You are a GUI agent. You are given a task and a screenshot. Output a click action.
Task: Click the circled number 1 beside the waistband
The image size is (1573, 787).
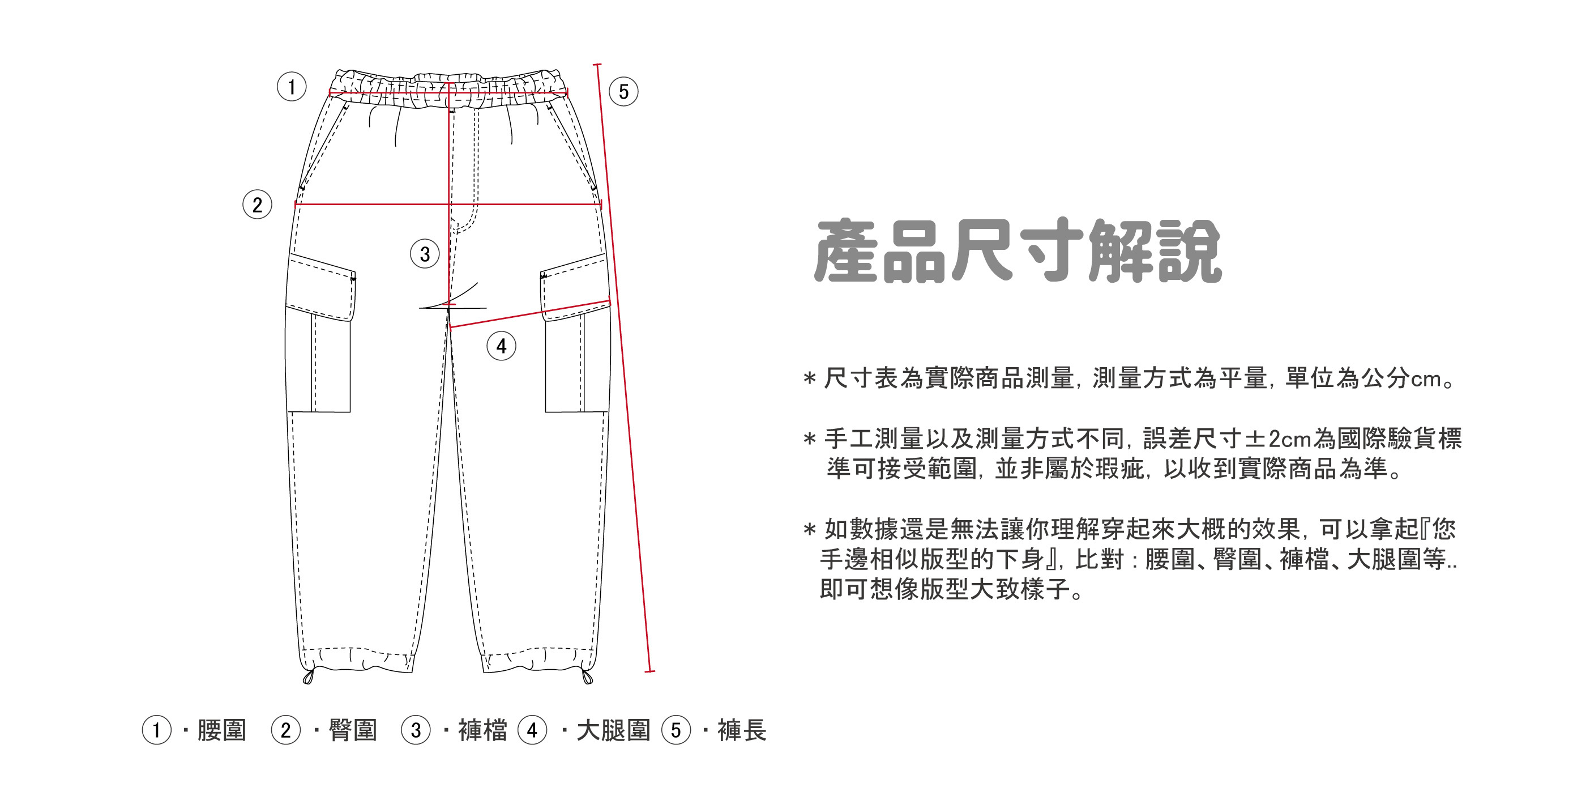pos(291,87)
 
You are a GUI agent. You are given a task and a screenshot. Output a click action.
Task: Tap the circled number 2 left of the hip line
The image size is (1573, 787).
pos(257,205)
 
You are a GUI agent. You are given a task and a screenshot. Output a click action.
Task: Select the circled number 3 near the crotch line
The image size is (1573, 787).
pos(424,254)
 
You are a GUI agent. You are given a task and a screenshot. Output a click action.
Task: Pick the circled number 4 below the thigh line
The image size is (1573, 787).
pos(501,346)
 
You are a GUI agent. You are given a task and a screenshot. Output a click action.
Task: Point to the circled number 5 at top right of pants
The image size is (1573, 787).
pos(623,92)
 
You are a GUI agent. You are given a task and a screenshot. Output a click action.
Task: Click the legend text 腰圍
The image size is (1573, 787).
pos(221,731)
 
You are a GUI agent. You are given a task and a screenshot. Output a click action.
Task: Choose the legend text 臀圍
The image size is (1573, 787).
pos(353,731)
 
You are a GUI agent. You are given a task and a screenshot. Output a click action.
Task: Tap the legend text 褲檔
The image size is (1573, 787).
pos(482,731)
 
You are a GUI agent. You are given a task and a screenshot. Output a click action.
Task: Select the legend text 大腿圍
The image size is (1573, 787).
pos(613,731)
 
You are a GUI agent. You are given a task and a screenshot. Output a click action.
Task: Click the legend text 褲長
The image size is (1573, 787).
pos(742,731)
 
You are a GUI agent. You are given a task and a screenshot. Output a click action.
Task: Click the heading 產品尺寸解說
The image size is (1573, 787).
pos(1018,251)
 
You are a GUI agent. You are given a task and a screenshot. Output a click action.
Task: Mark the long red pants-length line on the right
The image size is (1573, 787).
pos(623,367)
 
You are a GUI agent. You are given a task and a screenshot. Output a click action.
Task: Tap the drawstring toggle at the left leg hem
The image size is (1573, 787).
pos(309,677)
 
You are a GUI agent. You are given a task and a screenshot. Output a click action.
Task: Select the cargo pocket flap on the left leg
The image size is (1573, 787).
pos(321,287)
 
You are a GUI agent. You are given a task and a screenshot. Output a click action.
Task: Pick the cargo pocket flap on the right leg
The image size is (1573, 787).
pos(574,287)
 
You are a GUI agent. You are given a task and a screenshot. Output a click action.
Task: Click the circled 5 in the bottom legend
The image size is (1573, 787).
pos(676,731)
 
